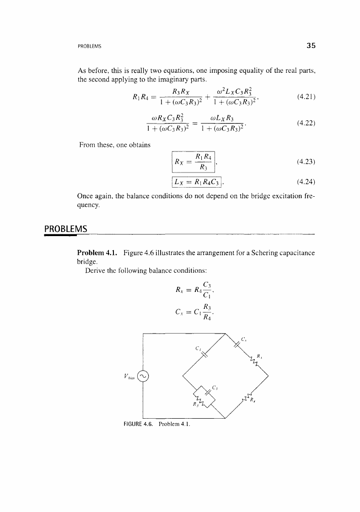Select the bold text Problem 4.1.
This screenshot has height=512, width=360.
97,252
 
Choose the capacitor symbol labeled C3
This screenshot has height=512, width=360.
207,392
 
